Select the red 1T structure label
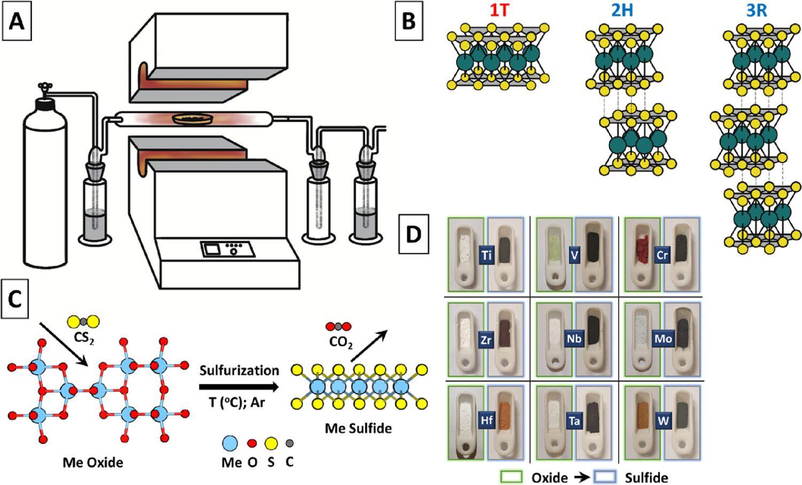point(499,11)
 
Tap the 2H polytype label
point(622,11)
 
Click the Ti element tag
point(486,255)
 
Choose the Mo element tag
point(662,338)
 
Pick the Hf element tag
point(486,420)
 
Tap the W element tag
point(664,421)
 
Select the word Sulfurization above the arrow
point(239,371)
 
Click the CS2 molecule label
point(84,338)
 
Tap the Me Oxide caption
point(93,461)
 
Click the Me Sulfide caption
point(358,428)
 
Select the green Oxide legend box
point(511,477)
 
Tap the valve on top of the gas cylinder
point(43,88)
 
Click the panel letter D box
point(414,234)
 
